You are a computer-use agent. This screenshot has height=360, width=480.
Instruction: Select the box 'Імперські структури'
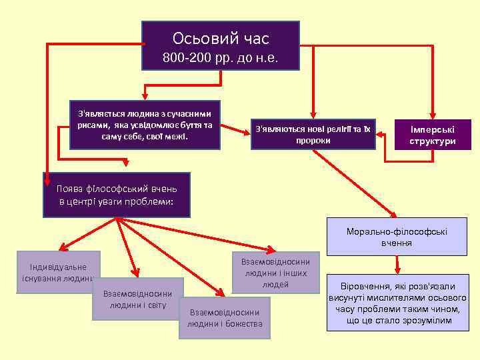[432, 135]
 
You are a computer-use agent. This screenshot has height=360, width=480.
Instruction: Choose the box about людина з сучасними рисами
[145, 125]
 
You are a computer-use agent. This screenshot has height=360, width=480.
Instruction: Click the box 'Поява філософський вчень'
[116, 195]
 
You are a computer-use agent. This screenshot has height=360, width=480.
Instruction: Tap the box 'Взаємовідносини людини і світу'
[137, 299]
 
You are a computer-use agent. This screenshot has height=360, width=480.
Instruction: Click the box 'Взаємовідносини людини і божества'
[225, 318]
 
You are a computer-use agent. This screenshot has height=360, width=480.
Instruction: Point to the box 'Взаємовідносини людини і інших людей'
[275, 272]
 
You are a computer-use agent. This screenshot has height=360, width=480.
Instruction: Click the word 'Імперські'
[432, 129]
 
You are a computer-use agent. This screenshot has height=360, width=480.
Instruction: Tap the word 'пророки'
[312, 140]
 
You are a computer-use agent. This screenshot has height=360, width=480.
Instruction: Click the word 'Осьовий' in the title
[197, 39]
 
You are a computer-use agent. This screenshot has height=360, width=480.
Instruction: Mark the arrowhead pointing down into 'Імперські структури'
[431, 115]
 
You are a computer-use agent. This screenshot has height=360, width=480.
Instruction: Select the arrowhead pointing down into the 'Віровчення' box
[397, 269]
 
